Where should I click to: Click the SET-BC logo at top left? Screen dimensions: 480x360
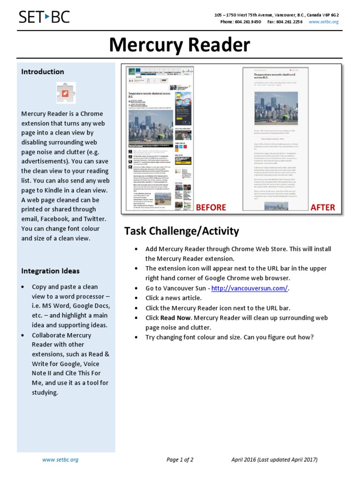[x=44, y=17]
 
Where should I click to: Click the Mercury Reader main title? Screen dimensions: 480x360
[x=180, y=45]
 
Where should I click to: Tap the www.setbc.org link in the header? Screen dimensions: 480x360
[x=323, y=22]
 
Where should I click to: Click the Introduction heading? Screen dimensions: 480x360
[x=43, y=72]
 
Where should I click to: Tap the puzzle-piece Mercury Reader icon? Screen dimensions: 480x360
[x=66, y=93]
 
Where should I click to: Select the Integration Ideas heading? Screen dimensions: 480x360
[x=50, y=271]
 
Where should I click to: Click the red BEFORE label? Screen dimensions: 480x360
[x=210, y=207]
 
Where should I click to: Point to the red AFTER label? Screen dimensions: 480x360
[x=322, y=207]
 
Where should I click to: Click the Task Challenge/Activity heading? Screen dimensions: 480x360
[x=181, y=231]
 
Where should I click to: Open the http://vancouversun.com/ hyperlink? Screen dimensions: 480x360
[x=249, y=288]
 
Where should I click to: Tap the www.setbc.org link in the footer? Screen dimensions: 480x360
[x=60, y=460]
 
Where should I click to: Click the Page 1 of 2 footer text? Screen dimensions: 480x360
[x=180, y=460]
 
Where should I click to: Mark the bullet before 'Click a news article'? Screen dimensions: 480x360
[x=136, y=298]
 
